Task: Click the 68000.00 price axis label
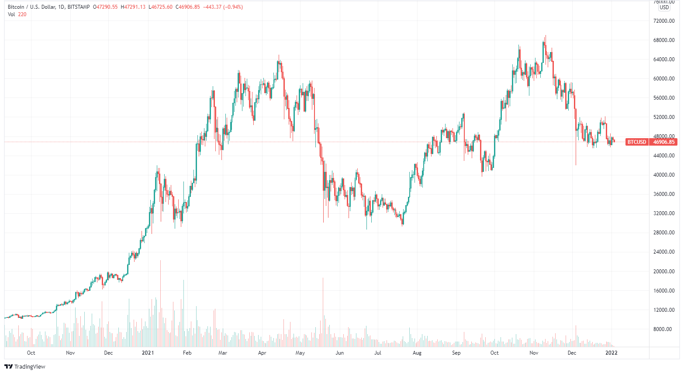click(664, 40)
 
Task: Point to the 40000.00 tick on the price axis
click(664, 175)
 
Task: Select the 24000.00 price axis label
click(664, 252)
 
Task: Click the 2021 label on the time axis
click(148, 353)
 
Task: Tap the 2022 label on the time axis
click(611, 353)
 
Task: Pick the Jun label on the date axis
click(339, 353)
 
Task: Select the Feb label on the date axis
click(187, 353)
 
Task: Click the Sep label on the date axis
click(456, 353)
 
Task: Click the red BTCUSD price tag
click(636, 142)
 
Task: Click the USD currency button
click(664, 7)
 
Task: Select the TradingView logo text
click(30, 367)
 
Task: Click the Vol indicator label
click(11, 14)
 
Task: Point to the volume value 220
click(22, 14)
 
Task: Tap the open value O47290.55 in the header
click(105, 7)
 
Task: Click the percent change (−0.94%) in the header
click(233, 7)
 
